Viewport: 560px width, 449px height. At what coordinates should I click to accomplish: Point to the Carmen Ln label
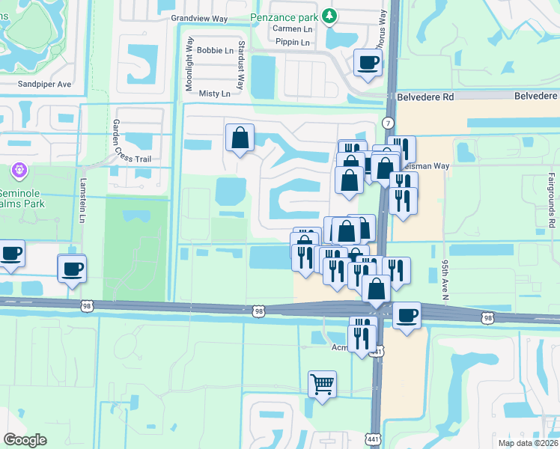tap(292, 28)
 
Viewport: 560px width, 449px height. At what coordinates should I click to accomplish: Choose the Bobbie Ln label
tap(217, 51)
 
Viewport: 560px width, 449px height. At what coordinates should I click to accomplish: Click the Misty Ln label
tap(215, 94)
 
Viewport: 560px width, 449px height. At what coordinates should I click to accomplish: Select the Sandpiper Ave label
tap(44, 85)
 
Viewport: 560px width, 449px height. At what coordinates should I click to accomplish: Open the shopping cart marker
tap(322, 385)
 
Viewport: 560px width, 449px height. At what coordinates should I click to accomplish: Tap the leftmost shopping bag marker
tap(240, 138)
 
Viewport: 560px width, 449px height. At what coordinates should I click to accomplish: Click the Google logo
tap(25, 440)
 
